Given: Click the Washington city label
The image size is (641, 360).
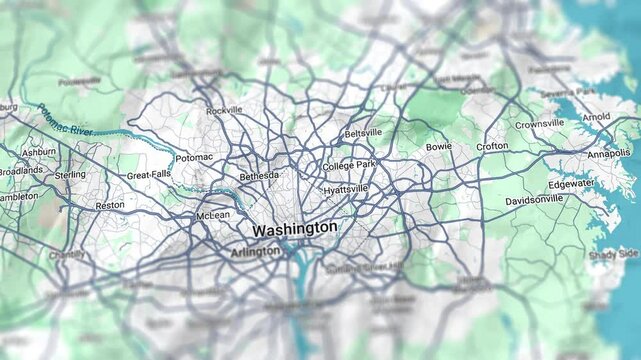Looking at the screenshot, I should click(295, 229).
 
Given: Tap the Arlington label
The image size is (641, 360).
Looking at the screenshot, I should click(256, 252).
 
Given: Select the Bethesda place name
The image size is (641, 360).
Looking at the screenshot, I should click(259, 176).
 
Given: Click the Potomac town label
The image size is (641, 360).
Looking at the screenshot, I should click(194, 158).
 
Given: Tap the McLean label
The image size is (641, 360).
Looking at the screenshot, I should click(213, 215).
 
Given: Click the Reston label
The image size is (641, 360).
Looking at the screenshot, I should click(110, 205).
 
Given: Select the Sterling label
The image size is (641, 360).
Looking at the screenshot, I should click(70, 175).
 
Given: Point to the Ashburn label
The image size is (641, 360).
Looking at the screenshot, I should click(39, 152).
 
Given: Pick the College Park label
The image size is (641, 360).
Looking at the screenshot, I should click(349, 165).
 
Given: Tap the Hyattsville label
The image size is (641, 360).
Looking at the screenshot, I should click(346, 189).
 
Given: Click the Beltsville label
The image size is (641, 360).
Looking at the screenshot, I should click(363, 133).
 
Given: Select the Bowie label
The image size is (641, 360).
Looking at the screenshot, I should click(439, 147).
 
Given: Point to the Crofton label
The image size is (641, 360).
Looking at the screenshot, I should click(492, 146).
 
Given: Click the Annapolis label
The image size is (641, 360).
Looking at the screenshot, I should click(609, 154).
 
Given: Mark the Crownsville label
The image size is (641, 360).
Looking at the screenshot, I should click(540, 125).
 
